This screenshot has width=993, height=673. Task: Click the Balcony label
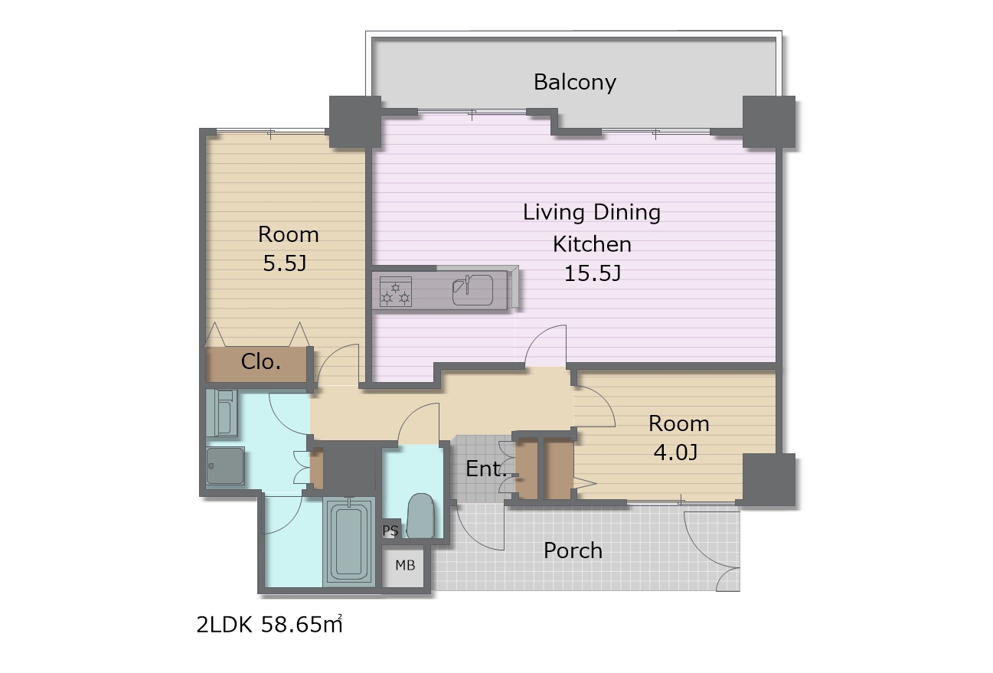click(574, 83)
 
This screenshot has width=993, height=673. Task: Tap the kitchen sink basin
click(472, 289)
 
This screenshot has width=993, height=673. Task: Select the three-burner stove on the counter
click(395, 292)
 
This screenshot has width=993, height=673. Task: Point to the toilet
click(420, 515)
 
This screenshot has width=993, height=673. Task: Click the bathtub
click(349, 541)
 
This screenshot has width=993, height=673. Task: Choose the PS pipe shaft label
click(390, 531)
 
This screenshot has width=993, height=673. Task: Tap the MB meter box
click(405, 566)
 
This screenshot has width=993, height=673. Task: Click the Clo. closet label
click(260, 362)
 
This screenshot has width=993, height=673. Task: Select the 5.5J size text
click(285, 263)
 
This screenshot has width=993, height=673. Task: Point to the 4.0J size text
click(676, 452)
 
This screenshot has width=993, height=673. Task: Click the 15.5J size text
click(593, 273)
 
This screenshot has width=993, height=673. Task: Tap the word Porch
click(573, 551)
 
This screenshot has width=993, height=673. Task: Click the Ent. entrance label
click(486, 469)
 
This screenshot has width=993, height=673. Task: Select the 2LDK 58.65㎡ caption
click(269, 624)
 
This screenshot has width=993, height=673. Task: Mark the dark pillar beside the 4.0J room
click(769, 479)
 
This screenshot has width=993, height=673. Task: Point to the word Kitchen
click(592, 244)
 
